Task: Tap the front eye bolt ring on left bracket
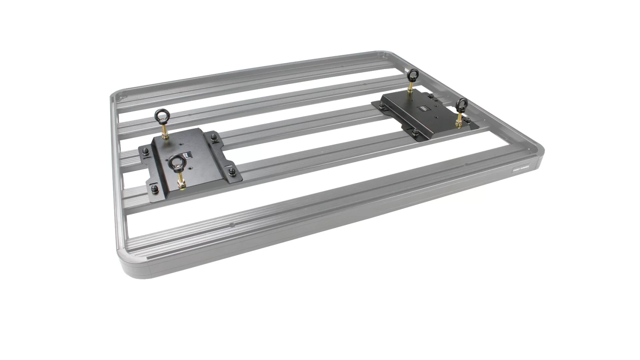[174, 163]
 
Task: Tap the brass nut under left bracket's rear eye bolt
[165, 136]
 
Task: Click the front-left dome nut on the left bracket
[154, 190]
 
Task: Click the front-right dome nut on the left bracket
[233, 172]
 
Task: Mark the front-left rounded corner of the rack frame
[133, 267]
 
